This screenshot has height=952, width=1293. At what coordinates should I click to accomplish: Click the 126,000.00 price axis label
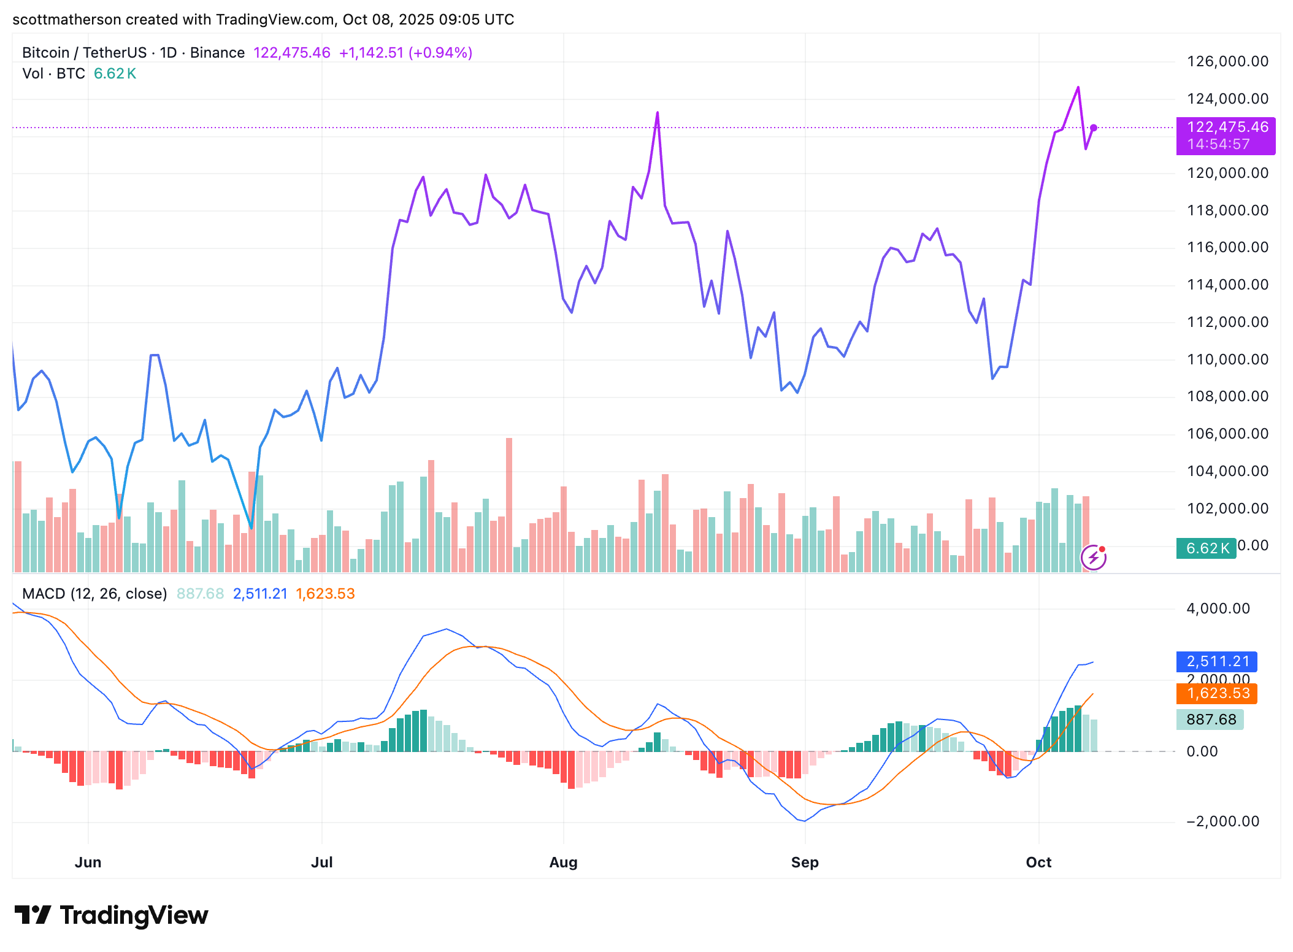(1227, 61)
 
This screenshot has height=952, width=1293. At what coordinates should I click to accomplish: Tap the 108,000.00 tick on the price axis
(1227, 396)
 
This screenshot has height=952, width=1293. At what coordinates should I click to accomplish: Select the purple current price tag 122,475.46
(1226, 128)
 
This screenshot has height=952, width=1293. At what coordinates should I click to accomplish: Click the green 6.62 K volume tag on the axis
(1206, 548)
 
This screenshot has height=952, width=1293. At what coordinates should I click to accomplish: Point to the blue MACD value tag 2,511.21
(1217, 661)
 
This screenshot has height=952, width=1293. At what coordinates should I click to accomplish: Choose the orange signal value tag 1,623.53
(1217, 693)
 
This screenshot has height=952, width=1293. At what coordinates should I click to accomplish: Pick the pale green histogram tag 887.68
(1210, 719)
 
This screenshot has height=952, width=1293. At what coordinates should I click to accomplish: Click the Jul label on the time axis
(321, 862)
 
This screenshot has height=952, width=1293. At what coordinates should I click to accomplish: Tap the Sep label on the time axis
(805, 862)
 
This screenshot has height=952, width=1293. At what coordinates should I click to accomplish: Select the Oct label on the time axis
(1038, 862)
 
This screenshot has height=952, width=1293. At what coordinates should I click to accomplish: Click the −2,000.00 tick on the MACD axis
(1222, 821)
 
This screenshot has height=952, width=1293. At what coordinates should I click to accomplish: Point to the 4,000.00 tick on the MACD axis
(1218, 608)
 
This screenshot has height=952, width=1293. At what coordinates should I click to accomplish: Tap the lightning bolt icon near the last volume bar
(1093, 558)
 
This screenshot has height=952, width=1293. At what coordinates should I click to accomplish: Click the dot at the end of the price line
(1094, 128)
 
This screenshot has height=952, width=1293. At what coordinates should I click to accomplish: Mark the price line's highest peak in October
(1078, 88)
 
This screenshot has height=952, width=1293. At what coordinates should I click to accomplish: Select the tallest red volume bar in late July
(509, 504)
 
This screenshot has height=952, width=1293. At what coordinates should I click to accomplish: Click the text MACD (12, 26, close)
(94, 594)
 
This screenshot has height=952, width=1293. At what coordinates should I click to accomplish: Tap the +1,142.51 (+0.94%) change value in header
(405, 53)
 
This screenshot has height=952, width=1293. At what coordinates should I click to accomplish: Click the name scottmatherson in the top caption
(66, 20)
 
